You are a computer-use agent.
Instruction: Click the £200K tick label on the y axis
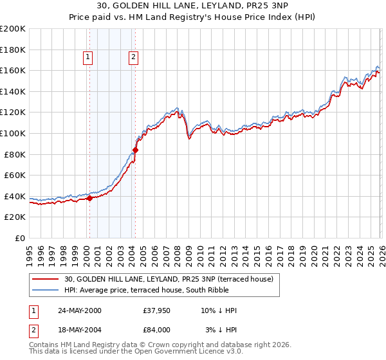(13, 29)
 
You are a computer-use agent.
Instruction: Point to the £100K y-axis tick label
(13, 134)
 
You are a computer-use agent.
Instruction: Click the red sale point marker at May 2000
(89, 199)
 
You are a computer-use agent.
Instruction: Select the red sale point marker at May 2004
(135, 150)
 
